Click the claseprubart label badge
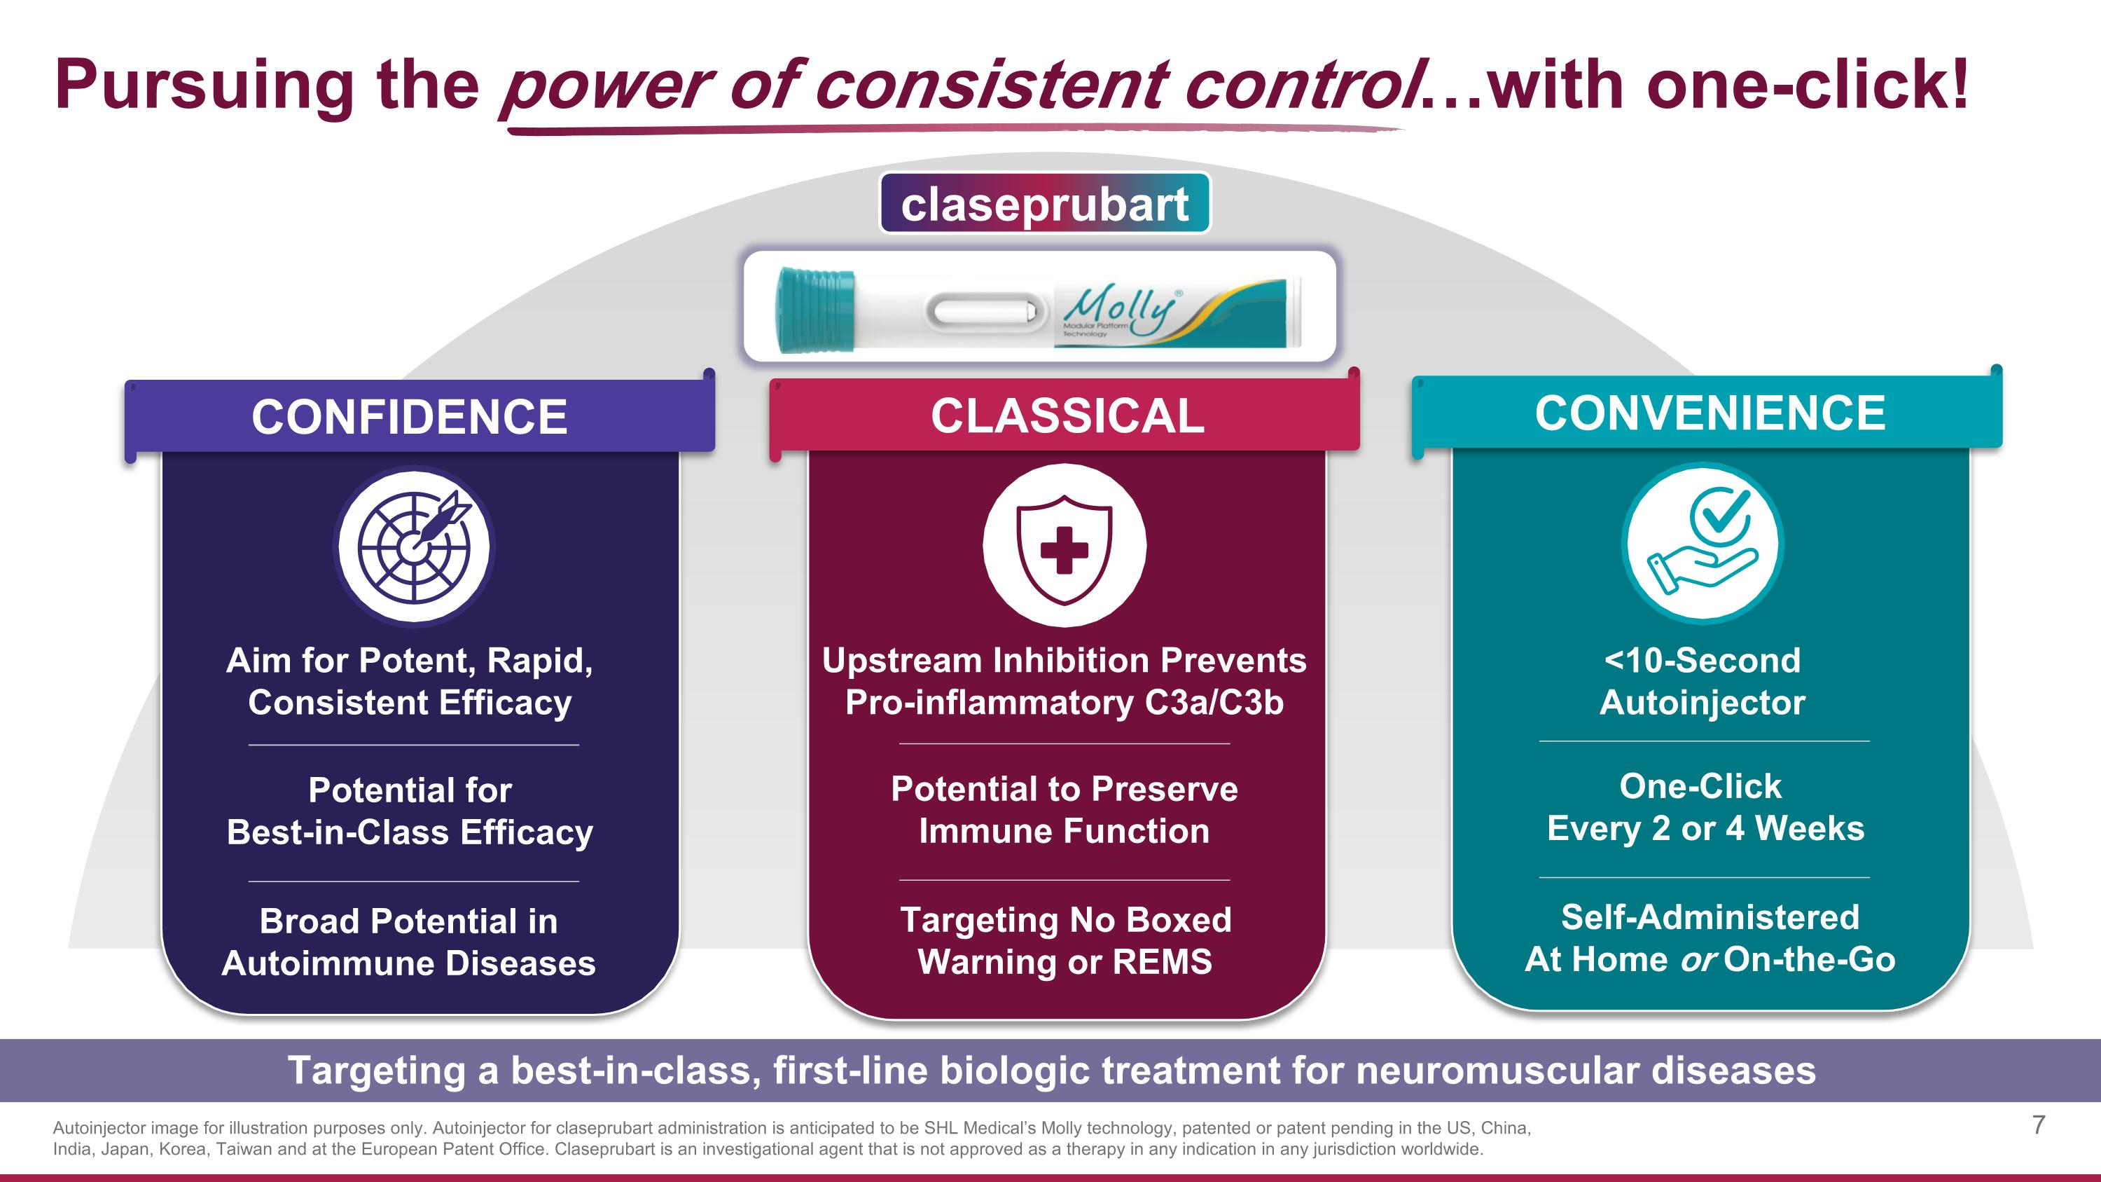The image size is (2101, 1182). (1044, 204)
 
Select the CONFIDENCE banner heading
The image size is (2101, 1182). (410, 417)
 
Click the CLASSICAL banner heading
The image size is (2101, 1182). (1067, 416)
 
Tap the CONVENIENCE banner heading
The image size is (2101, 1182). (1710, 413)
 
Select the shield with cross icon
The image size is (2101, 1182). (1065, 546)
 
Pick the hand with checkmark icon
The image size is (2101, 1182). (1703, 543)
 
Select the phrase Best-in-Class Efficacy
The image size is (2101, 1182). (410, 833)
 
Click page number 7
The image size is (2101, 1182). (2038, 1125)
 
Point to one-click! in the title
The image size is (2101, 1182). (1807, 85)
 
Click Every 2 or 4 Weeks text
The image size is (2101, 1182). (1705, 829)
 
